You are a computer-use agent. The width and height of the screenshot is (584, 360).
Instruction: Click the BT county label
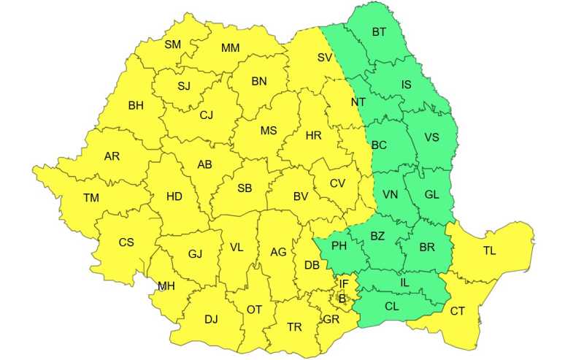(379, 32)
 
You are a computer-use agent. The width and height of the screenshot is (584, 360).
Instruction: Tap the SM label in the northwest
(172, 45)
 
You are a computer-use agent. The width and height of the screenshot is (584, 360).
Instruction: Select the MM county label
(230, 48)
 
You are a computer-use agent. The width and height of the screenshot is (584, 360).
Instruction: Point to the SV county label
(325, 57)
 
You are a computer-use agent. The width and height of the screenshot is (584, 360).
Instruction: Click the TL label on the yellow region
(489, 251)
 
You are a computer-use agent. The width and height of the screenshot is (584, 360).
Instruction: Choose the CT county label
(457, 312)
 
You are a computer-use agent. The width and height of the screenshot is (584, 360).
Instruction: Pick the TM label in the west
(91, 198)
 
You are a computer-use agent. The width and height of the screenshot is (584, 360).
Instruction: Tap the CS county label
(126, 242)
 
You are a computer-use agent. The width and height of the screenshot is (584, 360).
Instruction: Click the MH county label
(166, 286)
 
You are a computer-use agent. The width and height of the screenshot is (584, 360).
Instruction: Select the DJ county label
(211, 319)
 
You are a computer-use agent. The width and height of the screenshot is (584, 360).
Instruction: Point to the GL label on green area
(431, 195)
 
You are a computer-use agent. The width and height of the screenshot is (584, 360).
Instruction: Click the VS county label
(431, 137)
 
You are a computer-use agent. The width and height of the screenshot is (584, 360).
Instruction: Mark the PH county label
(339, 246)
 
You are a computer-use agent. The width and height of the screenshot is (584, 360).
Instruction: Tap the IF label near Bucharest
(344, 283)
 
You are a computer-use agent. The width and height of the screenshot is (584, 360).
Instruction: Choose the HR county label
(314, 136)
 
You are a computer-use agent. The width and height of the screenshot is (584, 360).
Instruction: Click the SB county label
(245, 188)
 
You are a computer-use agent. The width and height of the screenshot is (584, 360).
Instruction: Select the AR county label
(112, 156)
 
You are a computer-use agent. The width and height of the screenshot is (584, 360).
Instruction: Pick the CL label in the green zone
(392, 307)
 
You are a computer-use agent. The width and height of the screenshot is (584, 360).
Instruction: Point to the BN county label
(259, 82)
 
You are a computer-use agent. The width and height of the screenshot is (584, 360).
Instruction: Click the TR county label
(294, 328)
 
